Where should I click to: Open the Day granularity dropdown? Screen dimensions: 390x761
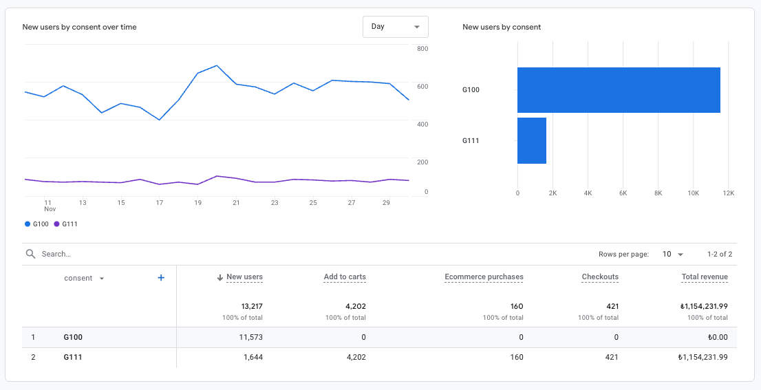coord(395,27)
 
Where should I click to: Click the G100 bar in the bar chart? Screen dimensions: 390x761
coord(618,90)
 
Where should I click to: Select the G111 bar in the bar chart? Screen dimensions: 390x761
coord(531,141)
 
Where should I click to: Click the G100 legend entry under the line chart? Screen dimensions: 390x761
coord(37,224)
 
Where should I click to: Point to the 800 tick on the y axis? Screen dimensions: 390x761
coord(422,49)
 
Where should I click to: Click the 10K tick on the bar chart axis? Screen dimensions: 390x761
coord(694,194)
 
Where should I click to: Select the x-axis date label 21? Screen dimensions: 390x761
coord(236,203)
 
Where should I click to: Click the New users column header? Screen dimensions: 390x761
coord(244,277)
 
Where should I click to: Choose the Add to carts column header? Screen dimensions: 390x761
coord(345,277)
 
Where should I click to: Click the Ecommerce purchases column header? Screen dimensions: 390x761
coord(484,277)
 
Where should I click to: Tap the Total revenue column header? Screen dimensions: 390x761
coord(705,277)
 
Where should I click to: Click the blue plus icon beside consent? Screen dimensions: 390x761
coord(161,278)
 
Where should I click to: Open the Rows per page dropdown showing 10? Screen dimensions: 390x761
coord(673,254)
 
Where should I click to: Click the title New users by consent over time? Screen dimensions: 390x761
coord(79,27)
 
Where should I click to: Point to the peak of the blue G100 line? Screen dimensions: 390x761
coord(217,66)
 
